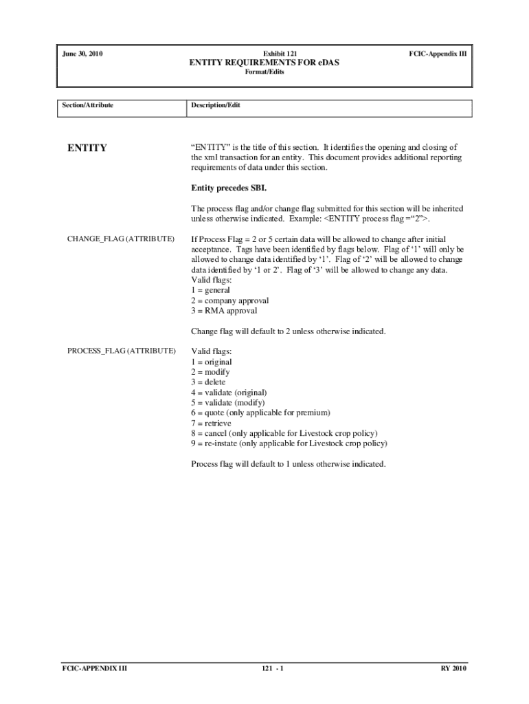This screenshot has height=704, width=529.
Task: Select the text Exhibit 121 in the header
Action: [264, 53]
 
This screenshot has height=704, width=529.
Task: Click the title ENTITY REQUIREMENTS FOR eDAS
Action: [264, 63]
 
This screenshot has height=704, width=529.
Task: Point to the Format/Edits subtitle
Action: [264, 72]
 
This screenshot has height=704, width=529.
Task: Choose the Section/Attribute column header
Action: [87, 105]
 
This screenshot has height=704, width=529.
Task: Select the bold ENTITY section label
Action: [87, 148]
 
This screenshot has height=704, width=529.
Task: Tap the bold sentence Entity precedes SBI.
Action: [228, 188]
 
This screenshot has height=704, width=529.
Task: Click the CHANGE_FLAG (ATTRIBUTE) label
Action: [120, 239]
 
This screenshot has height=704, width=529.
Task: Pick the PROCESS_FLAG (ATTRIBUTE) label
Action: [121, 351]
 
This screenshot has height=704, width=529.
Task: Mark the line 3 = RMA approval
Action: [224, 311]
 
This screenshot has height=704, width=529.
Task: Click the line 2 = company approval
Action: [229, 300]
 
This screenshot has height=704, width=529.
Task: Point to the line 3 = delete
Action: [208, 382]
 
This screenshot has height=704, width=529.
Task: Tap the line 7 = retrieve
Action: [211, 423]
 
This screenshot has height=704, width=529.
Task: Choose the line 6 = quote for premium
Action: [260, 412]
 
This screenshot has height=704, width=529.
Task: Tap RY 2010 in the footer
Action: [453, 668]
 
